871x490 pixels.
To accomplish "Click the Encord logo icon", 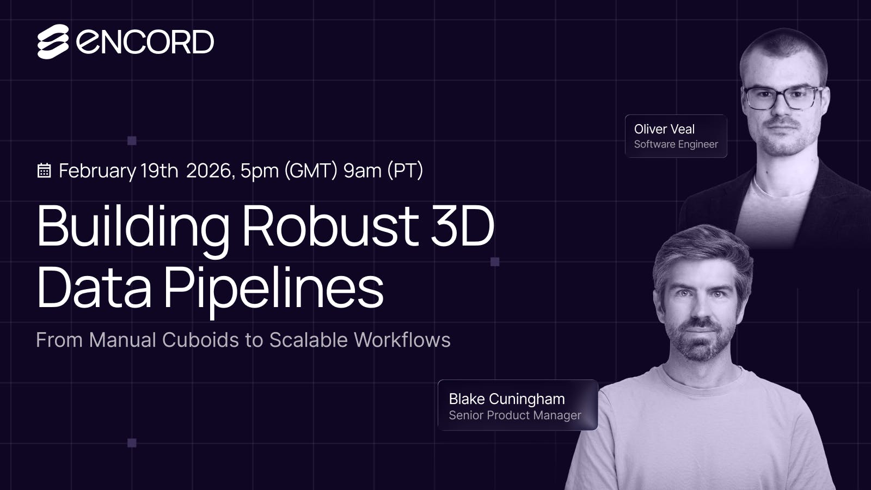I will (53, 42).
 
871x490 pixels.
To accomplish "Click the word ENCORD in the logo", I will (145, 42).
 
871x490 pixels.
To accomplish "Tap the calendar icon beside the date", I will (44, 170).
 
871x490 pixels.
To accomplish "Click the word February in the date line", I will (97, 171).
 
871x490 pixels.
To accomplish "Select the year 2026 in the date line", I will (209, 170).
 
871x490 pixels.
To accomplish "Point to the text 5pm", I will (259, 171).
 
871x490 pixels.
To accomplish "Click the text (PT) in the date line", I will (405, 170).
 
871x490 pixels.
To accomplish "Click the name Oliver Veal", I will (664, 129).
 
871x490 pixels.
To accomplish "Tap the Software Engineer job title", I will (676, 144).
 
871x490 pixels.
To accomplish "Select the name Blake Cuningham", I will (506, 399).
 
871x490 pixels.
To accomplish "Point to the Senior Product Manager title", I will (514, 415).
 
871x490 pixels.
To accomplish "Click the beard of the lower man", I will (700, 343).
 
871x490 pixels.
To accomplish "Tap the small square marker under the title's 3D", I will (495, 262).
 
